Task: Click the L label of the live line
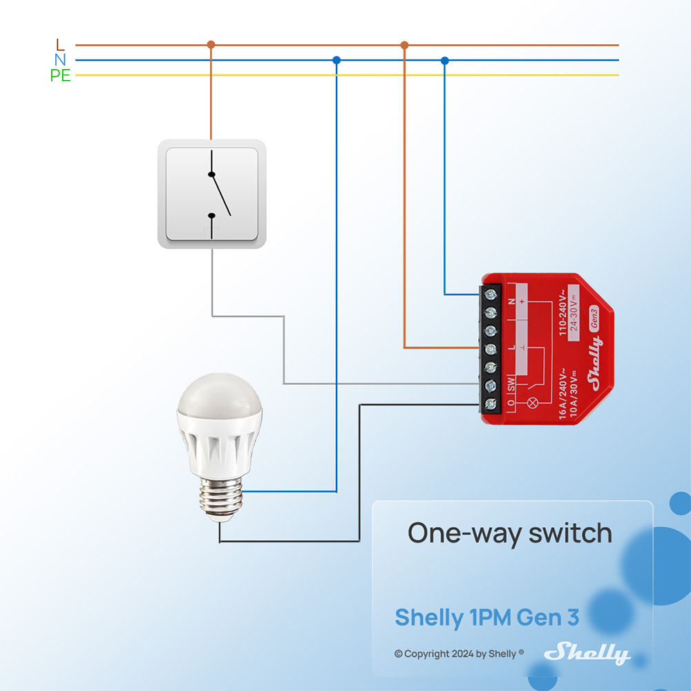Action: click(x=60, y=45)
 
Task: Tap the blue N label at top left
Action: click(x=60, y=60)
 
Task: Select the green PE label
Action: click(x=60, y=75)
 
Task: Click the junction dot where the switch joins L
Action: click(x=211, y=45)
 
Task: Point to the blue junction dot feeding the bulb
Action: click(x=337, y=60)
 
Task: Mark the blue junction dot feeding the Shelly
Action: click(x=444, y=60)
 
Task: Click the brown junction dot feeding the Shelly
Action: click(x=405, y=45)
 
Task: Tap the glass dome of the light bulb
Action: click(x=219, y=408)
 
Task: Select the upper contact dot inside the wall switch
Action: click(x=211, y=175)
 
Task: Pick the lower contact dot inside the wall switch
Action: click(x=211, y=216)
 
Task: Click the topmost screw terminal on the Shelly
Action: click(x=491, y=294)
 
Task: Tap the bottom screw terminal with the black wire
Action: click(x=491, y=404)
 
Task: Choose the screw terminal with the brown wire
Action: click(x=491, y=348)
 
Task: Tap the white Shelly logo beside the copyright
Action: click(x=587, y=652)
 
